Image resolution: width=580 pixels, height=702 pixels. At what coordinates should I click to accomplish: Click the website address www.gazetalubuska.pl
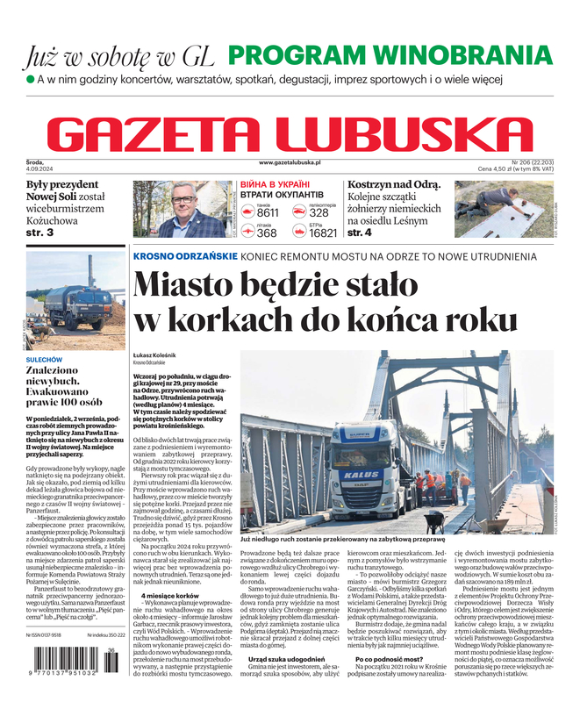click(290, 163)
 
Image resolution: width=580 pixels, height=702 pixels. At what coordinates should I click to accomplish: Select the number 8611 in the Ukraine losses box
click(268, 213)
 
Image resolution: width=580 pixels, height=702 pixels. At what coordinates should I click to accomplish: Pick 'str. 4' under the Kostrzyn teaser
click(362, 233)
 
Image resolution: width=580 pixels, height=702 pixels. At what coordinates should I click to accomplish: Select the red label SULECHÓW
click(44, 359)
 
